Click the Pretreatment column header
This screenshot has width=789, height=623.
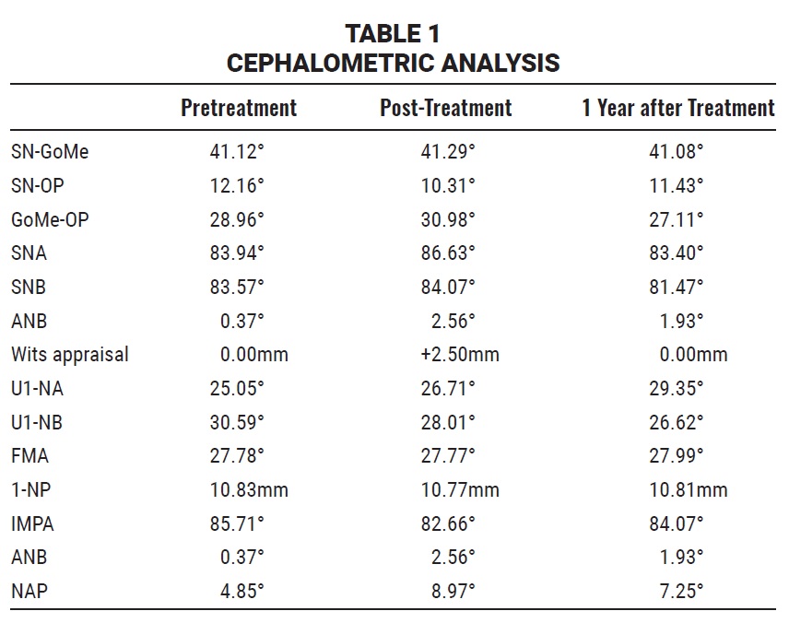coord(239,108)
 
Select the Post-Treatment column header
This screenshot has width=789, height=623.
coord(446,108)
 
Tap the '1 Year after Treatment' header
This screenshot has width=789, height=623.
coord(678,108)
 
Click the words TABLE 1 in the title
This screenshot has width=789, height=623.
coord(393,34)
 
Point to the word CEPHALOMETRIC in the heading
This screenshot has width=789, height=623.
coord(331,64)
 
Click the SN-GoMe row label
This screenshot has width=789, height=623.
coord(50,151)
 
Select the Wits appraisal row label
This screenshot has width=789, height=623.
coord(70,354)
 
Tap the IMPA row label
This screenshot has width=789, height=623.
coord(32,523)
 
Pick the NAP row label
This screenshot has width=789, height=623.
coord(29,592)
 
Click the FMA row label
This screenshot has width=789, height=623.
coord(29,456)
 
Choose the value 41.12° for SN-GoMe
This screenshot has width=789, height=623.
coord(237,151)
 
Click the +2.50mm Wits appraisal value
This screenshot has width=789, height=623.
coord(460,354)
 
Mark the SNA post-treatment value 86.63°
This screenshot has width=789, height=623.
coord(448,253)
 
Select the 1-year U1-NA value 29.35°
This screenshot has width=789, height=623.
coord(676,389)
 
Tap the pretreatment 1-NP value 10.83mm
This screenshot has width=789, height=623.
coord(249,489)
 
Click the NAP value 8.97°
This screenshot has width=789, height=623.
coord(453,592)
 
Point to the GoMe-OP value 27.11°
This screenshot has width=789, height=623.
coord(676,220)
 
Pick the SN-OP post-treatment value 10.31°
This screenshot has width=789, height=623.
coord(448,185)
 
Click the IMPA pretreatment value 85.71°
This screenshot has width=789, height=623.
coord(237,523)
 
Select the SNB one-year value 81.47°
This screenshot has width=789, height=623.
coord(676,287)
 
